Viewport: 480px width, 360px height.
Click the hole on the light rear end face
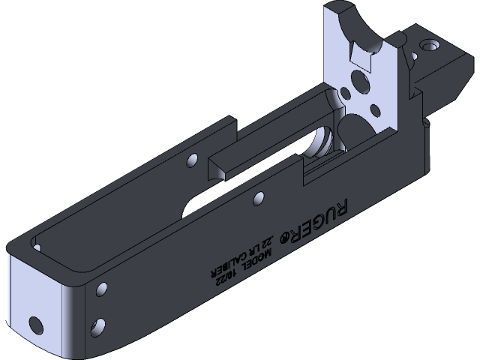point(34,324)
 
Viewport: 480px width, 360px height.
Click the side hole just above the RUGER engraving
point(259,199)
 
